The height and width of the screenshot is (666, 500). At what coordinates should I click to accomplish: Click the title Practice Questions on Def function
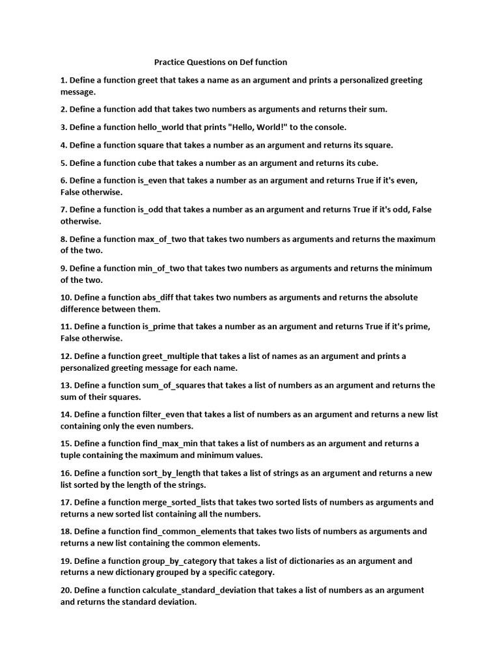pyautogui.click(x=220, y=62)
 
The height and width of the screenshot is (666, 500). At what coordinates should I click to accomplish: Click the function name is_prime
pyautogui.click(x=160, y=327)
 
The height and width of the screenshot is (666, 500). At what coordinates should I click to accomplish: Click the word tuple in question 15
pyautogui.click(x=72, y=455)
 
